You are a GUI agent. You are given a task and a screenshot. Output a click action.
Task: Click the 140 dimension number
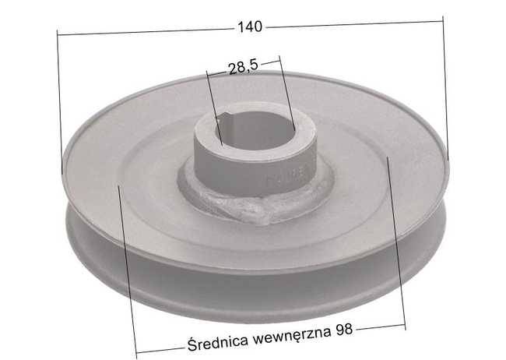tap(250, 26)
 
